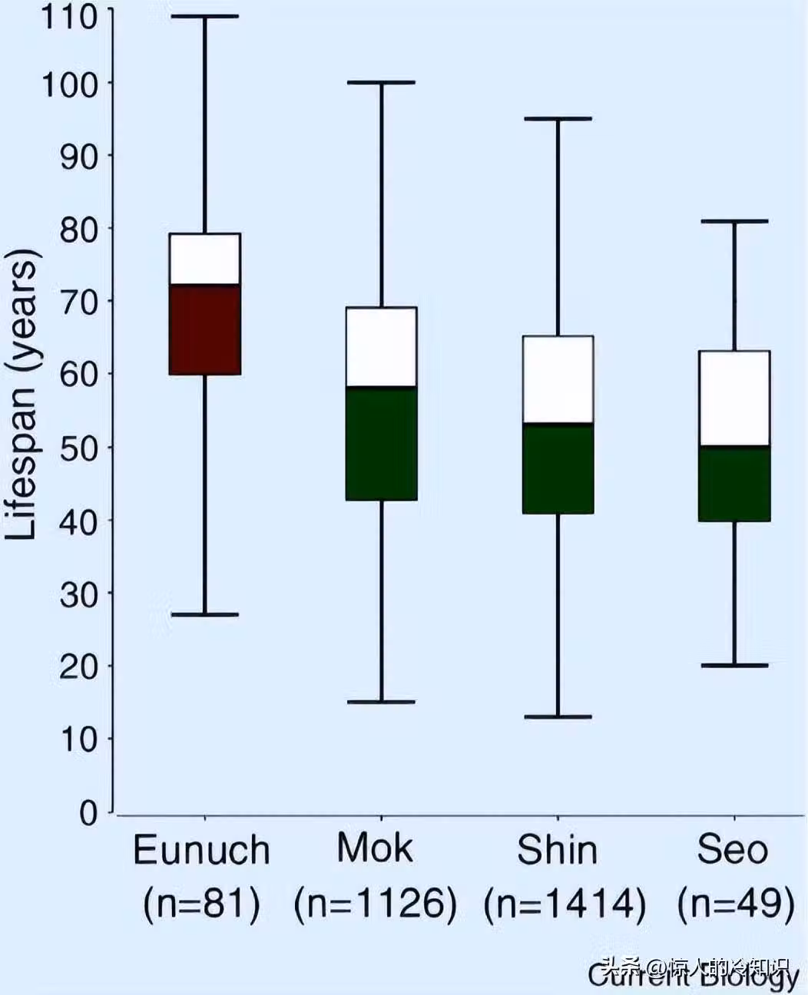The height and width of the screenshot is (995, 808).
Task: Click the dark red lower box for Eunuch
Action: [x=205, y=329]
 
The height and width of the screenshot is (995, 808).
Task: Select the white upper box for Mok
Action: [x=382, y=346]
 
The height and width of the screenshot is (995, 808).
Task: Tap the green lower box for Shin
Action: [x=558, y=468]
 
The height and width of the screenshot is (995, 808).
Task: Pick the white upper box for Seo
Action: [x=734, y=398]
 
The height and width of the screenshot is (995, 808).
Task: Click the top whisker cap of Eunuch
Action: [x=205, y=16]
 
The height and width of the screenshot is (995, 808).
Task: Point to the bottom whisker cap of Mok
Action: [x=382, y=702]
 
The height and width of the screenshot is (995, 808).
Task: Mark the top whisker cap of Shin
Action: [x=558, y=119]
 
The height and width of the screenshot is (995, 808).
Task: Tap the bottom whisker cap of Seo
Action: [x=734, y=665]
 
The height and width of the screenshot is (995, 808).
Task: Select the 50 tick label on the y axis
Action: [x=79, y=448]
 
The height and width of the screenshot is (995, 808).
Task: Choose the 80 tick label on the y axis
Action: [x=79, y=229]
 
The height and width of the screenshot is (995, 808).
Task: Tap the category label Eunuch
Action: [x=202, y=851]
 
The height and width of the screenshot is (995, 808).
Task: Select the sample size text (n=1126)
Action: [x=376, y=904]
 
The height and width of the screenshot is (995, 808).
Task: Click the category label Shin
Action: [x=557, y=851]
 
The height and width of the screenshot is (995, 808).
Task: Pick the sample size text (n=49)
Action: [x=735, y=904]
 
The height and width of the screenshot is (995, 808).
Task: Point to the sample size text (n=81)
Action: [x=202, y=904]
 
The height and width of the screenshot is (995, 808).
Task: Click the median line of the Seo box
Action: [x=734, y=445]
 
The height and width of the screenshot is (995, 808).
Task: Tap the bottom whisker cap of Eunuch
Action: [x=205, y=614]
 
